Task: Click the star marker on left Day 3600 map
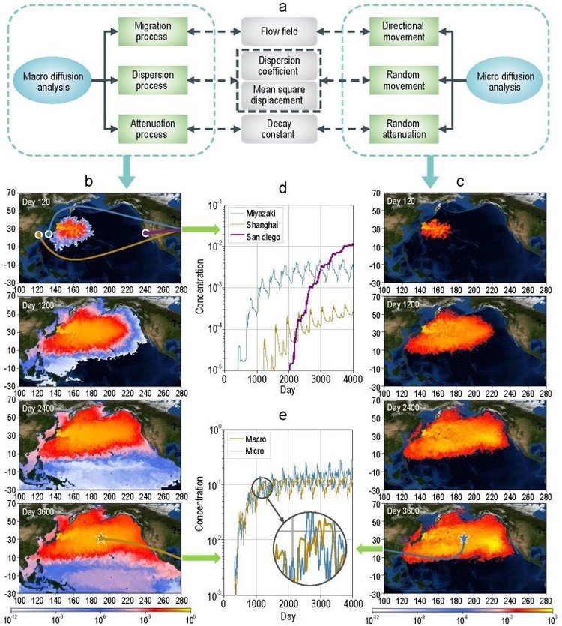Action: pos(101,538)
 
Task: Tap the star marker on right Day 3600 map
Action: pos(463,538)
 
